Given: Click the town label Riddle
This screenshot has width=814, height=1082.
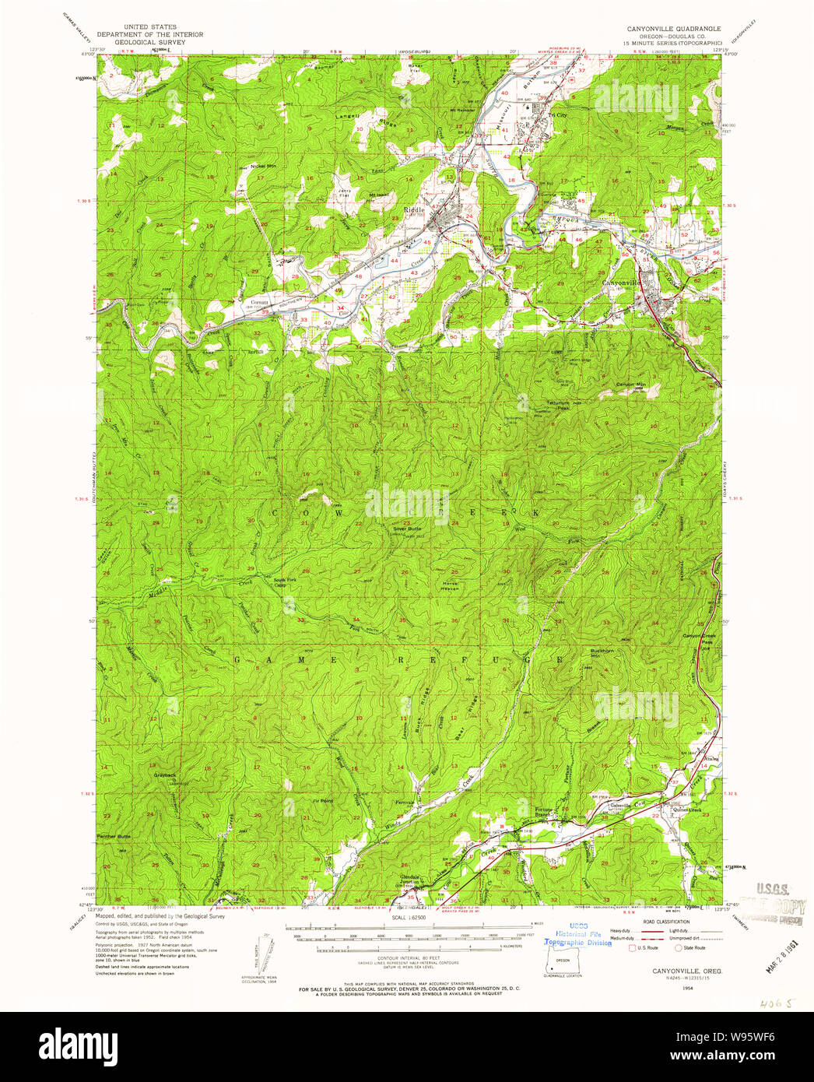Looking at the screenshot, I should pyautogui.click(x=414, y=210).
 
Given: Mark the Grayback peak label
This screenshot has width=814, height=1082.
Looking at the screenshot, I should pyautogui.click(x=165, y=775).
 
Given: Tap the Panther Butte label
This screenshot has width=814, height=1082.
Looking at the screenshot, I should pyautogui.click(x=114, y=836).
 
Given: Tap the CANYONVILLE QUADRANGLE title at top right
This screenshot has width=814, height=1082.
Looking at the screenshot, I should pyautogui.click(x=674, y=28).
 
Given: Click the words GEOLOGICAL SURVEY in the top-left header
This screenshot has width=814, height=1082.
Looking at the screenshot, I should pyautogui.click(x=150, y=42).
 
